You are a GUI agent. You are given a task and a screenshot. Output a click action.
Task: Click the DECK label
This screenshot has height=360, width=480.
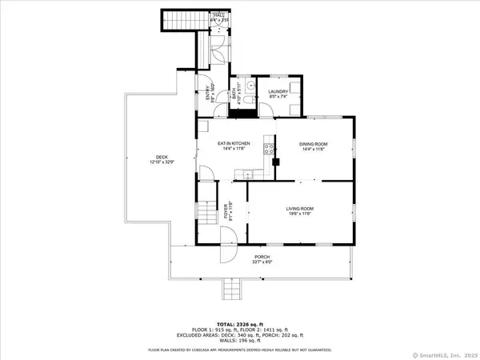[x=161, y=158]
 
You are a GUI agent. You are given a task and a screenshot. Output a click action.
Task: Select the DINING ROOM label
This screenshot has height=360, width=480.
[x=314, y=145]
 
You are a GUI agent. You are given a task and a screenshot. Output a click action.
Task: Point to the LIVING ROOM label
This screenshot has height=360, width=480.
[x=298, y=211]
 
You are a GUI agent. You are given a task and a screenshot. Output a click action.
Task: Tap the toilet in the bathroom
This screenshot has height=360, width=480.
[x=248, y=99]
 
